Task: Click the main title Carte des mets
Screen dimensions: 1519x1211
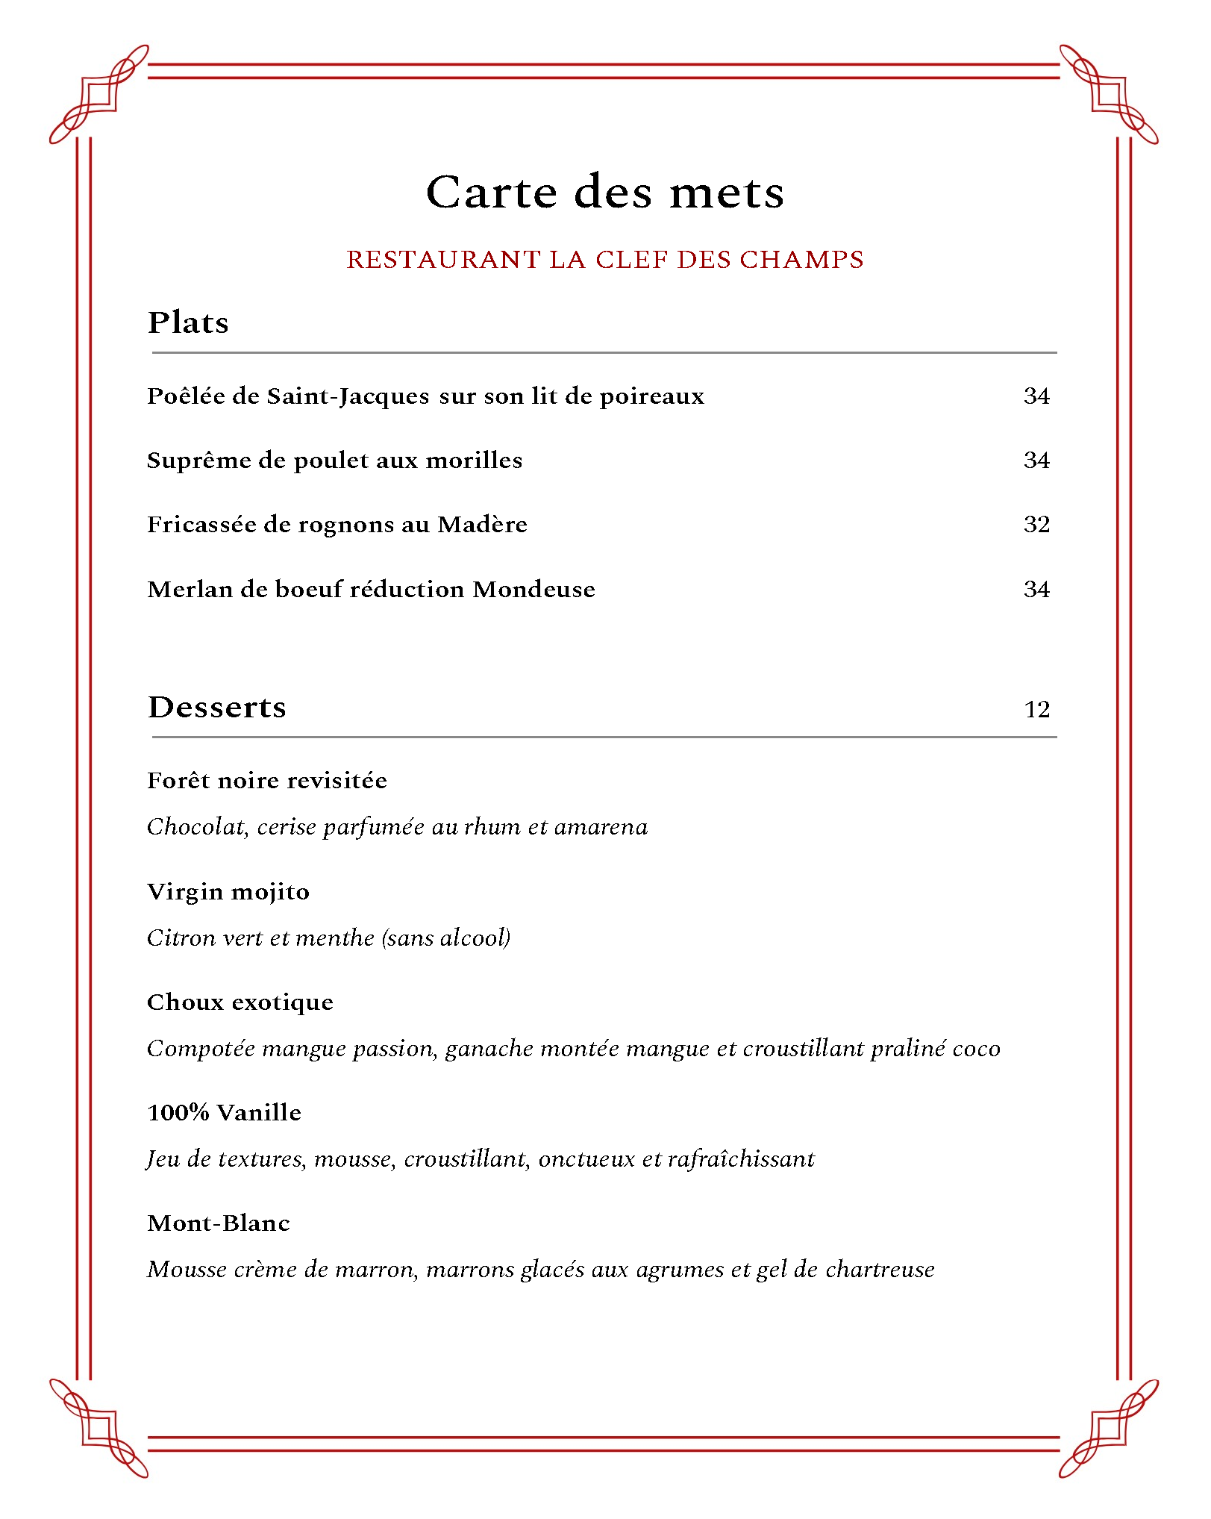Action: [605, 193]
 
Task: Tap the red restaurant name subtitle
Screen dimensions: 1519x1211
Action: [605, 260]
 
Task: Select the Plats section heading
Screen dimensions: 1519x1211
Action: [188, 322]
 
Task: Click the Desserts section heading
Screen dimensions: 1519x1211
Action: [217, 707]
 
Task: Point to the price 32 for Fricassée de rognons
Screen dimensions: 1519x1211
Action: [1036, 525]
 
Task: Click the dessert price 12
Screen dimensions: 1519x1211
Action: [1036, 709]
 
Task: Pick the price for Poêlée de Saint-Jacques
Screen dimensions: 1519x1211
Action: [1036, 396]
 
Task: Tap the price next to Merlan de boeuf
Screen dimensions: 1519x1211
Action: [1036, 590]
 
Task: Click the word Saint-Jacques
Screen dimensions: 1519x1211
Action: [348, 396]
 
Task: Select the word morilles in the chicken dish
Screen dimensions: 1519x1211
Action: [474, 461]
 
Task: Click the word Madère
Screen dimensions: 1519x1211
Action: [482, 525]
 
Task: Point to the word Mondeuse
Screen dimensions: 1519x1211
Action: [534, 590]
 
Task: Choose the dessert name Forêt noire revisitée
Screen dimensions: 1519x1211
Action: [267, 781]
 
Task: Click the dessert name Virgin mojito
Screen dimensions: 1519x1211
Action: [228, 892]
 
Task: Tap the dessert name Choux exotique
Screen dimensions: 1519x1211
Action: [240, 1002]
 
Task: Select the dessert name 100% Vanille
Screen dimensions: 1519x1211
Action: [225, 1113]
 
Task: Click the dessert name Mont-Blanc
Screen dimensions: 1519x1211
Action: [219, 1223]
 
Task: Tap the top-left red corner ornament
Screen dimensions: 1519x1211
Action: [98, 94]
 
